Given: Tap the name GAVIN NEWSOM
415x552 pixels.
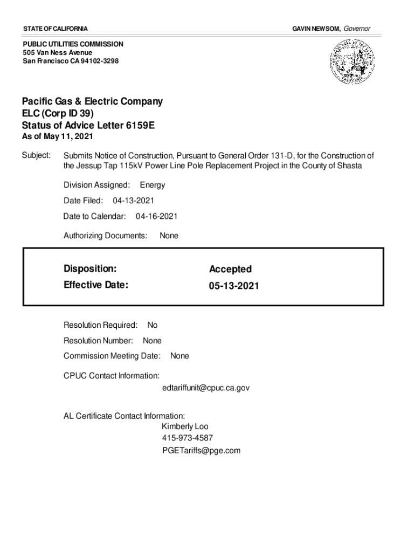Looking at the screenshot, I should pyautogui.click(x=316, y=28).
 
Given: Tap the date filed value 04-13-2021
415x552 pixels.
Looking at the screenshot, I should pyautogui.click(x=133, y=201).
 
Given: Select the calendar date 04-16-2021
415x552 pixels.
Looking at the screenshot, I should pyautogui.click(x=156, y=216).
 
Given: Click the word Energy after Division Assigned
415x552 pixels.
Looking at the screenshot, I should pyautogui.click(x=153, y=185).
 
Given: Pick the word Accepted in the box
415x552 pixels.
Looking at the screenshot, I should pyautogui.click(x=230, y=269).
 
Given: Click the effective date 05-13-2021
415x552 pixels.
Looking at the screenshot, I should pyautogui.click(x=234, y=286).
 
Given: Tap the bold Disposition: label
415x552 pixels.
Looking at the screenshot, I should pyautogui.click(x=90, y=268).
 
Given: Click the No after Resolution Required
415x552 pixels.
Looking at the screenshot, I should pyautogui.click(x=153, y=325).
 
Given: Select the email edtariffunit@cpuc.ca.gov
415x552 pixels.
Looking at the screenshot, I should pyautogui.click(x=205, y=388).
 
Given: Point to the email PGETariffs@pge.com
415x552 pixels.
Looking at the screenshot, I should pyautogui.click(x=201, y=450).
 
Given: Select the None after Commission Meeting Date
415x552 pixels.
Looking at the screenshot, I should pyautogui.click(x=179, y=356).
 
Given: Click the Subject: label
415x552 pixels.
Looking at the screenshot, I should pyautogui.click(x=36, y=155).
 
